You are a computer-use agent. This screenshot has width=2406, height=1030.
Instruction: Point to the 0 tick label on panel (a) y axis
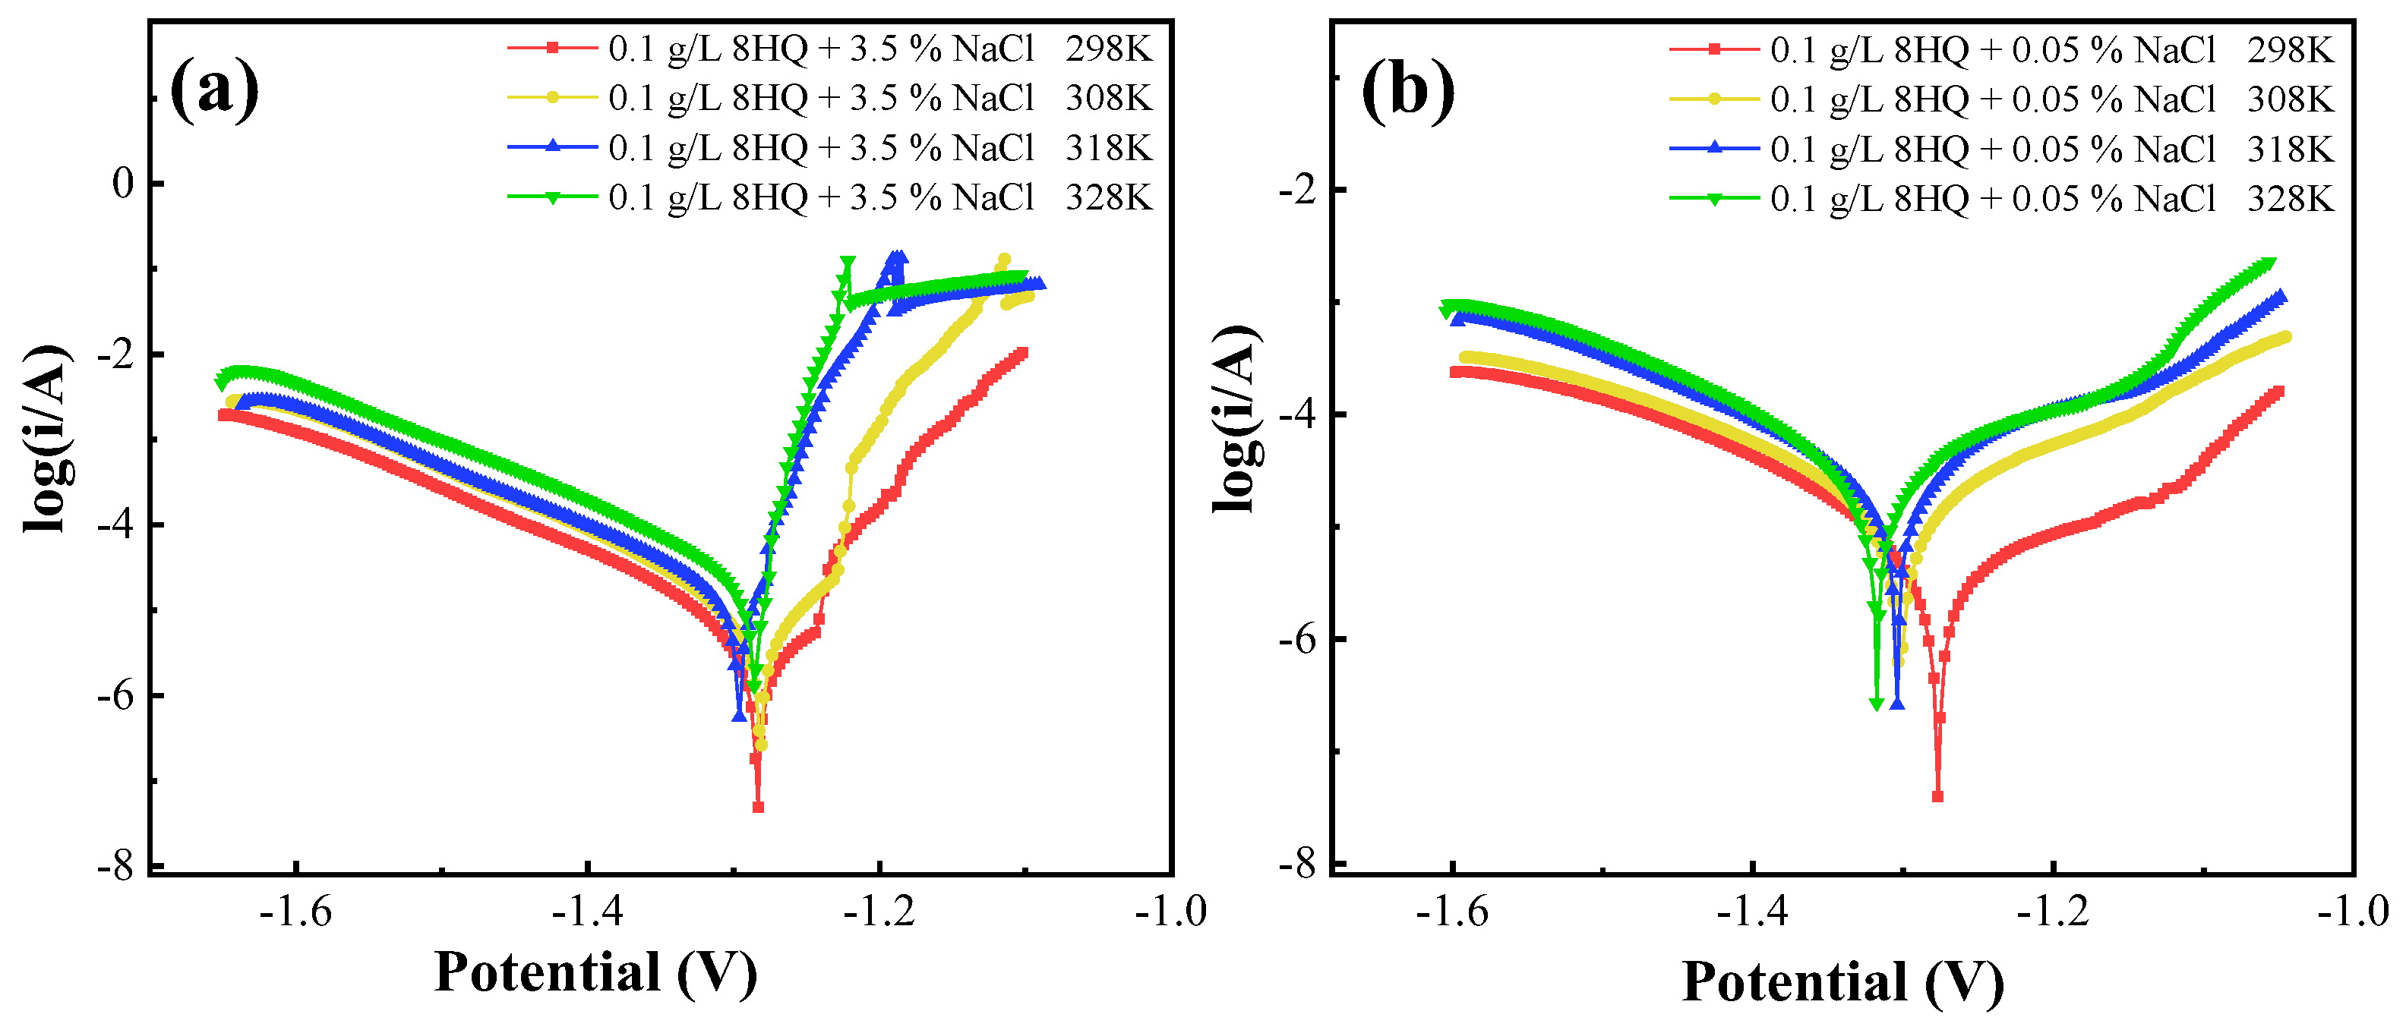click(x=123, y=183)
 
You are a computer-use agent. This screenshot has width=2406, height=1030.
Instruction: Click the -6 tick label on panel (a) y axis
click(x=115, y=696)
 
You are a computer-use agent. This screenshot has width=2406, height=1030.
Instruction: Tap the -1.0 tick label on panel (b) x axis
click(x=2352, y=911)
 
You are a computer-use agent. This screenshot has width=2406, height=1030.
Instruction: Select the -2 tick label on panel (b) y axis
click(x=1297, y=190)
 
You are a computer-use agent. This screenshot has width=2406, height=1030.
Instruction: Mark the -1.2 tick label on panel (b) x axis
click(x=2052, y=911)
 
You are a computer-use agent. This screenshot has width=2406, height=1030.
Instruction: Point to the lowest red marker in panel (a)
click(x=759, y=807)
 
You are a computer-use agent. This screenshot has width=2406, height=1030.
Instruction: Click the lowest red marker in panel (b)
click(x=1937, y=796)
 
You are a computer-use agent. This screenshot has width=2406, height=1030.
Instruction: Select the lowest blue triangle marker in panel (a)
click(x=739, y=714)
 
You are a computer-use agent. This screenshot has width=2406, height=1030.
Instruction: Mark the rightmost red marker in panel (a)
click(x=1023, y=353)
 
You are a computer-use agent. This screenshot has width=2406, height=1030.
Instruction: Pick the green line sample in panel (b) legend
click(x=1714, y=198)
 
